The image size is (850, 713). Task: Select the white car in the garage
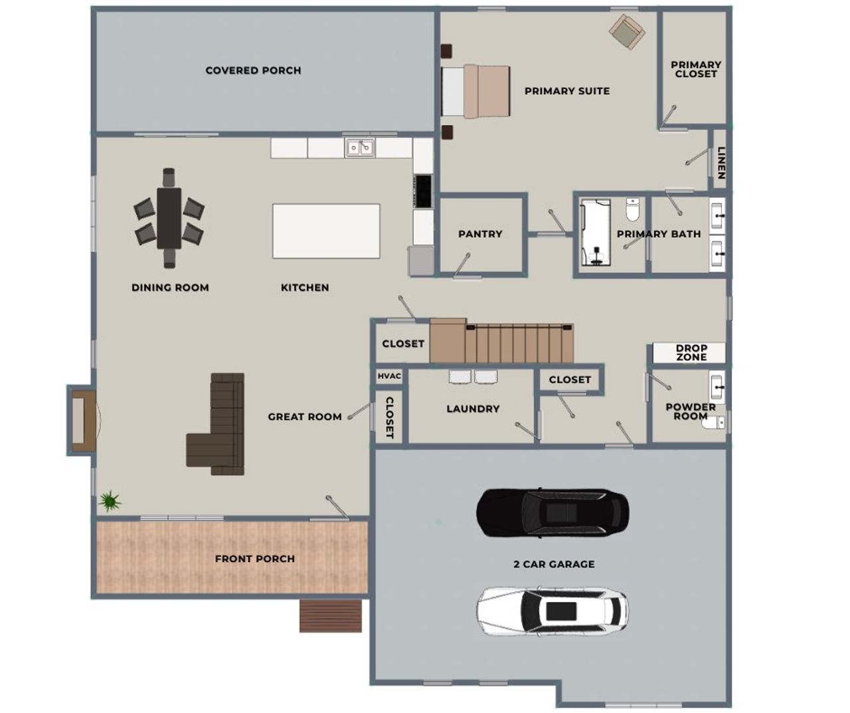coord(552,611)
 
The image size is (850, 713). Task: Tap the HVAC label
coord(389,376)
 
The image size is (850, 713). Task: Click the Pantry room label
coord(480,234)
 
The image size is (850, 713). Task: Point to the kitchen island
coord(326,231)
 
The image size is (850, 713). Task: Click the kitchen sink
coord(360,147)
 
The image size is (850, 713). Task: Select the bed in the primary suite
coord(475,91)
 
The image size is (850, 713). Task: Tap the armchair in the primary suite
coord(627,31)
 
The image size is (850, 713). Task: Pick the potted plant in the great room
coord(110,500)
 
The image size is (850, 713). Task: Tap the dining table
coord(169,219)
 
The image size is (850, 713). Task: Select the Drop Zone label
coord(691,352)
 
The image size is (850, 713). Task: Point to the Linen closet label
coord(721,163)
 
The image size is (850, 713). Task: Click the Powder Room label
coord(690,411)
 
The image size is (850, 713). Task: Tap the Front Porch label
coord(254,559)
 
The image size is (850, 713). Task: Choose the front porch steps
coord(331,616)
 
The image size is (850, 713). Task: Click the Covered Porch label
coord(253,70)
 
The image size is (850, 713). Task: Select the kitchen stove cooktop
coord(423,191)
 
